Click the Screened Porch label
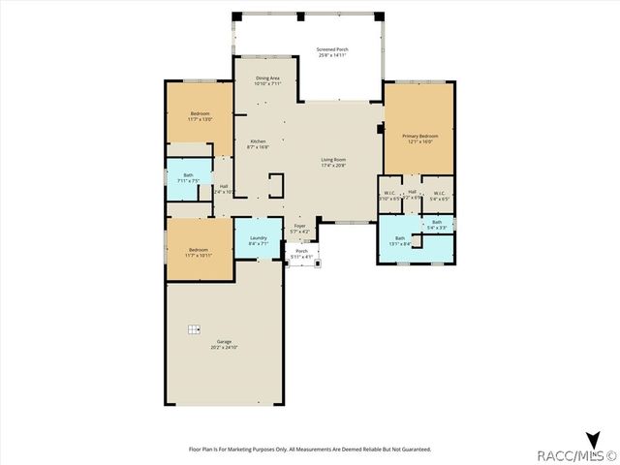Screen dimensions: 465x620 (x=331, y=51)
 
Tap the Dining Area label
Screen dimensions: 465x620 (x=268, y=80)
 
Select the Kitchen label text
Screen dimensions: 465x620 (x=258, y=144)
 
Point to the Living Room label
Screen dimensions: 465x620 (x=333, y=163)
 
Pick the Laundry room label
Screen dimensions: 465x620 (x=258, y=240)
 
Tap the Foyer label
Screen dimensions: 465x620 (x=300, y=229)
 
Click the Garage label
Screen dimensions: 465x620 (x=224, y=344)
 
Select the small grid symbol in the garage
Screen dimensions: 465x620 (x=194, y=328)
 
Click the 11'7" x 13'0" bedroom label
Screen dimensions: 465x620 (x=200, y=116)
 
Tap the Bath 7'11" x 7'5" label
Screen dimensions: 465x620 (x=188, y=177)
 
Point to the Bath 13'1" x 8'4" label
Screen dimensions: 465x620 (x=400, y=240)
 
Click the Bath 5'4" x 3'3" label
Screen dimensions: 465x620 (x=437, y=225)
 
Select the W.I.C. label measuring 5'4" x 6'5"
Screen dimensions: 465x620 (x=439, y=195)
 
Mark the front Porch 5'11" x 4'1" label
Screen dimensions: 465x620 (x=301, y=254)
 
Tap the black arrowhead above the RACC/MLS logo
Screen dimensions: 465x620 (x=593, y=438)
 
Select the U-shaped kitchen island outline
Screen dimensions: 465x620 (x=276, y=186)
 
